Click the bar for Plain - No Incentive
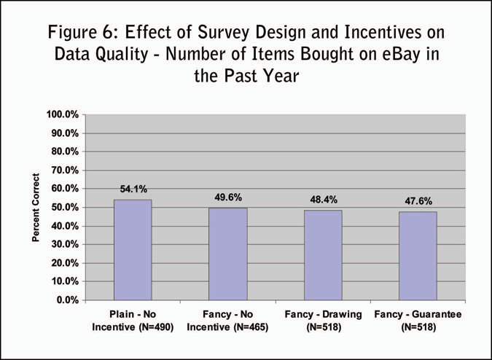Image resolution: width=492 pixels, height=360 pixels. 132,250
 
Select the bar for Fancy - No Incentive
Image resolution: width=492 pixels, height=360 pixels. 227,254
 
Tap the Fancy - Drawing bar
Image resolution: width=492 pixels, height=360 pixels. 323,255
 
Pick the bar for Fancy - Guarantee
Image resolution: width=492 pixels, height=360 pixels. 418,256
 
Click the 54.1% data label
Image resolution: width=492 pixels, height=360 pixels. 133,189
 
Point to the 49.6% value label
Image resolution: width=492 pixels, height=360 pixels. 227,197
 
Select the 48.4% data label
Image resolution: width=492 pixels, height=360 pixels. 323,200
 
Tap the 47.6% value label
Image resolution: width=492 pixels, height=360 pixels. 418,201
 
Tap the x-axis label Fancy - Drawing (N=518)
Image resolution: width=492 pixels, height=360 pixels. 323,321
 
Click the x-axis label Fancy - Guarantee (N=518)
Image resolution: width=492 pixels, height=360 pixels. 418,321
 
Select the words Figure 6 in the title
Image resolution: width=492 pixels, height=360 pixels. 81,33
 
